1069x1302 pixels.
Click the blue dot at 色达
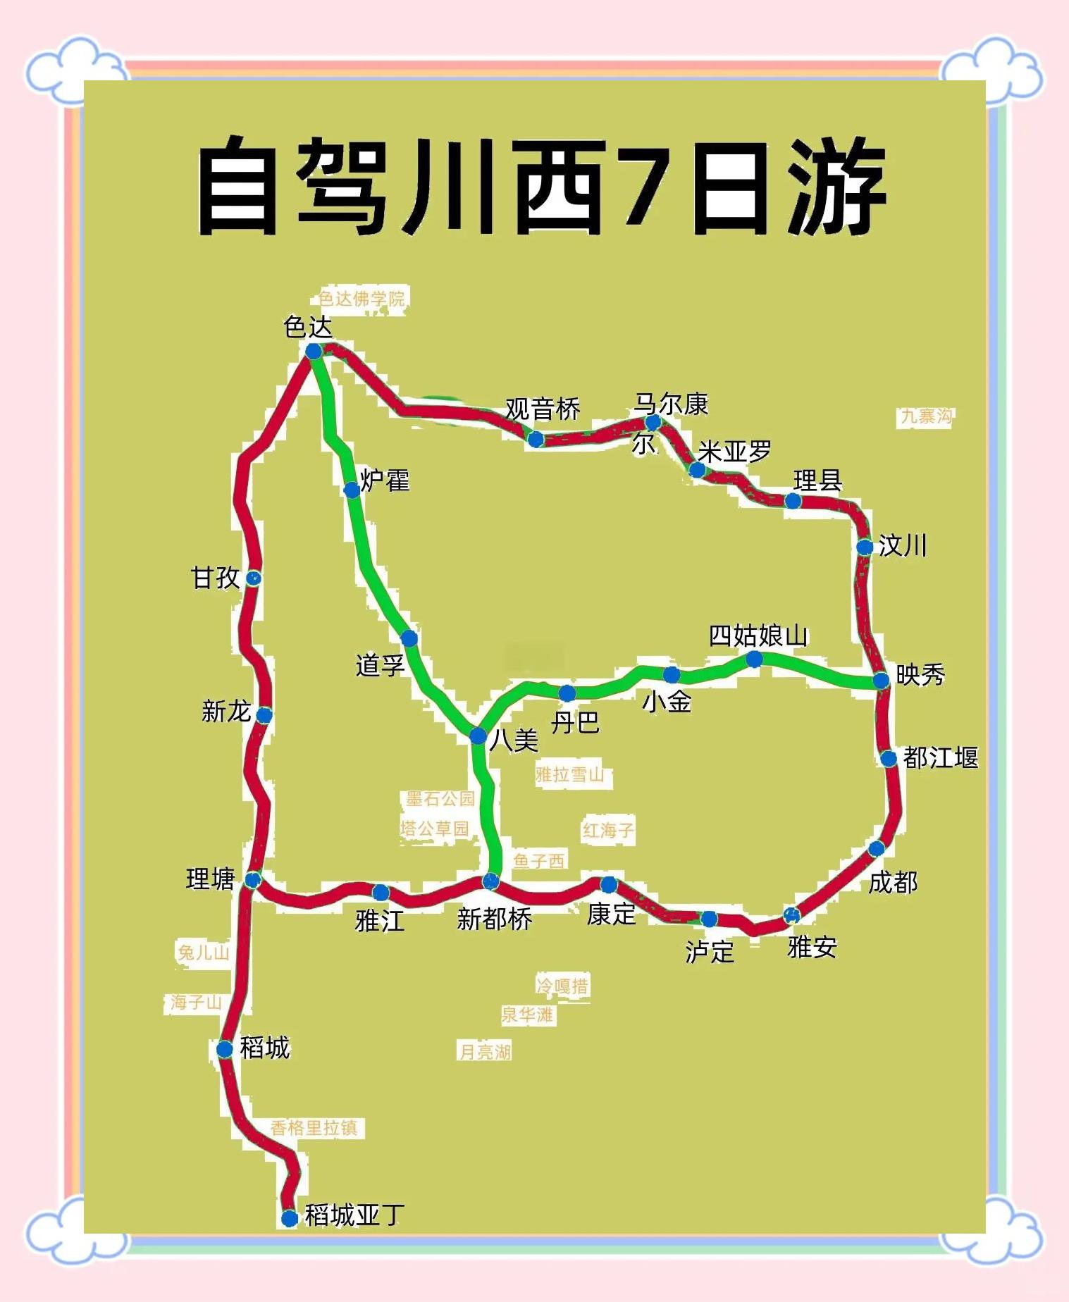coord(314,351)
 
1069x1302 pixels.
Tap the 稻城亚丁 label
coord(354,1215)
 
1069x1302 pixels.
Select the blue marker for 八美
coord(478,736)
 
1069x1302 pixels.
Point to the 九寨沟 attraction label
coord(926,416)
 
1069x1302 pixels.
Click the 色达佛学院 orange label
coord(362,299)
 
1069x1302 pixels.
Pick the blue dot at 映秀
coord(881,680)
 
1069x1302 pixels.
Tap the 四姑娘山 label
coord(758,635)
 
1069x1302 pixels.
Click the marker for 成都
coord(876,848)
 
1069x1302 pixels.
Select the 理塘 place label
coord(210,879)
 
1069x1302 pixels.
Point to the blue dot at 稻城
coord(224,1050)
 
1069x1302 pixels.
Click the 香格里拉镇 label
coord(314,1128)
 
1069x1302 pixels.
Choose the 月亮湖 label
coord(485,1052)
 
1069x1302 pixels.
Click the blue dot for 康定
coord(608,884)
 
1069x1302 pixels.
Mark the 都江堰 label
coord(940,757)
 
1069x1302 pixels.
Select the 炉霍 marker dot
coord(352,490)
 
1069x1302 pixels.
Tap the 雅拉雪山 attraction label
coord(569,775)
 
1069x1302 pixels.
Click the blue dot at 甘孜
coord(253,578)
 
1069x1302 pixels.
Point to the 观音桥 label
coord(542,409)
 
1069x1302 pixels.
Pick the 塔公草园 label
coord(435,829)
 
